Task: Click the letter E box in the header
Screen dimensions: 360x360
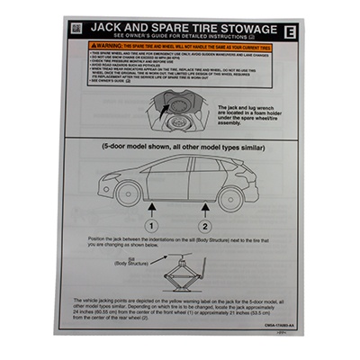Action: coord(289,31)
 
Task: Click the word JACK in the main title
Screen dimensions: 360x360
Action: coord(112,27)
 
